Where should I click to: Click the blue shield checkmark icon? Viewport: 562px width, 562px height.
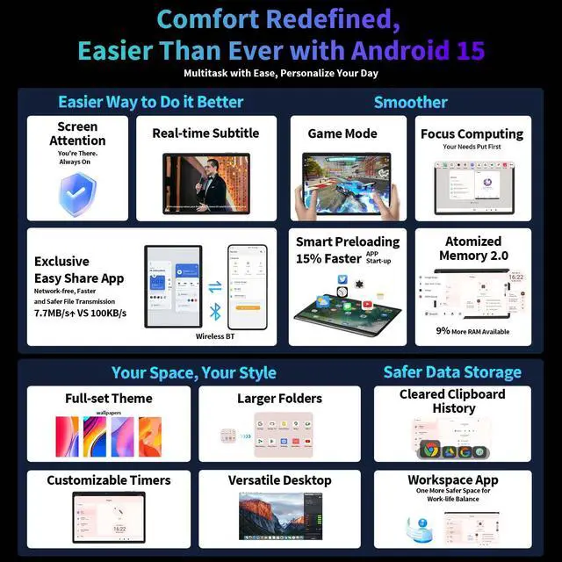(x=76, y=194)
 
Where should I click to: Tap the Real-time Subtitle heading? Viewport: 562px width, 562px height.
(x=205, y=133)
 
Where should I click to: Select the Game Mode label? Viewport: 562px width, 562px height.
(x=342, y=133)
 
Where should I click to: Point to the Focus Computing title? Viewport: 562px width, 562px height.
(x=472, y=133)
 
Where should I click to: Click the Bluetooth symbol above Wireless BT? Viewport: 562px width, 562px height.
(x=213, y=310)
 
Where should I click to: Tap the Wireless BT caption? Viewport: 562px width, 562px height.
(x=214, y=335)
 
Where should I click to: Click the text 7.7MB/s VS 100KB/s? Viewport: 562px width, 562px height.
(x=80, y=313)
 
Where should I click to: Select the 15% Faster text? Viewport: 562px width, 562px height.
(x=327, y=258)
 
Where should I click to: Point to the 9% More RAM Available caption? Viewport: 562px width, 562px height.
(x=472, y=331)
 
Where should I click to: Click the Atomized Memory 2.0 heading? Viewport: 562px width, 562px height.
(x=472, y=248)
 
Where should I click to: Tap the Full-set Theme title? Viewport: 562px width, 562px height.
(x=109, y=398)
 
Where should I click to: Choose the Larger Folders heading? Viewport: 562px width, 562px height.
(x=280, y=398)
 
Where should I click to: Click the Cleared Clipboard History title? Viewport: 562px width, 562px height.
(x=452, y=401)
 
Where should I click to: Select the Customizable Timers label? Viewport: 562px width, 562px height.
(x=109, y=480)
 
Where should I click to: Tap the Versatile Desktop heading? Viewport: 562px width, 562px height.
(x=280, y=480)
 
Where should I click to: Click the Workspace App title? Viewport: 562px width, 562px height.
(x=452, y=480)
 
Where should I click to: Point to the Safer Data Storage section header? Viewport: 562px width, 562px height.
(x=452, y=372)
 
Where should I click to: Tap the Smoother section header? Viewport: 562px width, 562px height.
(x=410, y=102)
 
